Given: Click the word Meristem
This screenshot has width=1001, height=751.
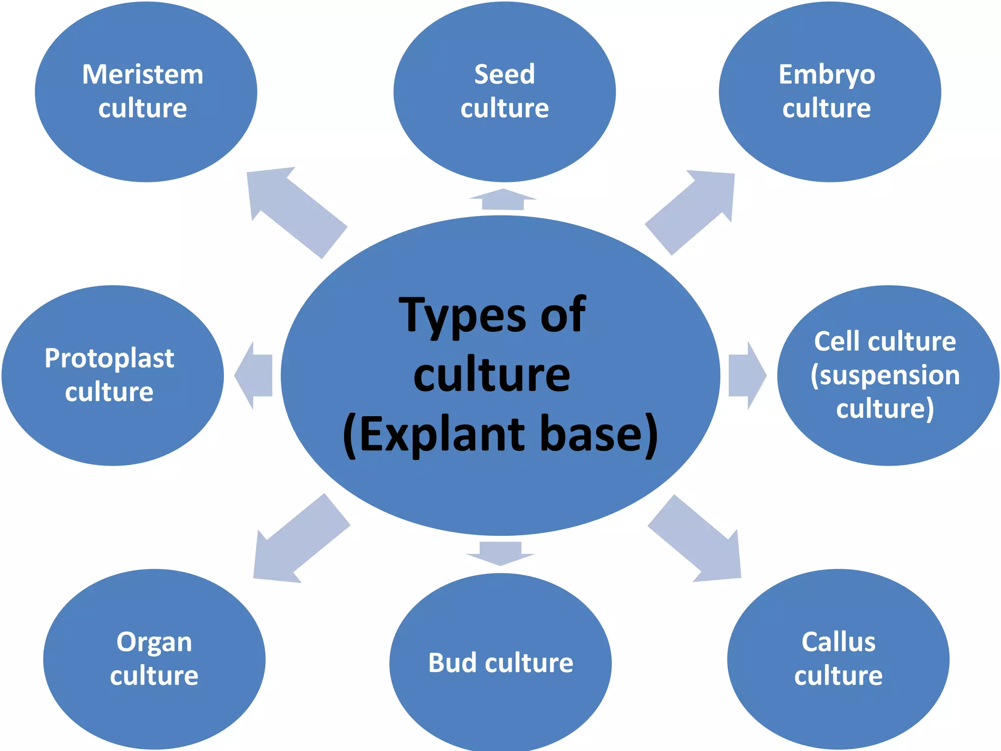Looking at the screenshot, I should pyautogui.click(x=143, y=75).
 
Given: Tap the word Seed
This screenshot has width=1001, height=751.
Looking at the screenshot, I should pyautogui.click(x=504, y=75).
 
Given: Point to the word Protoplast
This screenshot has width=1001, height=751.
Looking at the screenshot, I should pyautogui.click(x=109, y=358).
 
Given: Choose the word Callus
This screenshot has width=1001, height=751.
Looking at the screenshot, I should pyautogui.click(x=838, y=642).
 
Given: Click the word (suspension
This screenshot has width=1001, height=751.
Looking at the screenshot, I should pyautogui.click(x=885, y=375).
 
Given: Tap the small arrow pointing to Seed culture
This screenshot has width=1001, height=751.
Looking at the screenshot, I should pyautogui.click(x=503, y=199).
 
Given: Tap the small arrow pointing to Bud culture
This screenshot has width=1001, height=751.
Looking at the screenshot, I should pyautogui.click(x=500, y=553).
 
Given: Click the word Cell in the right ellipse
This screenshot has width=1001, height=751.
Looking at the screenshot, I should pyautogui.click(x=834, y=341).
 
